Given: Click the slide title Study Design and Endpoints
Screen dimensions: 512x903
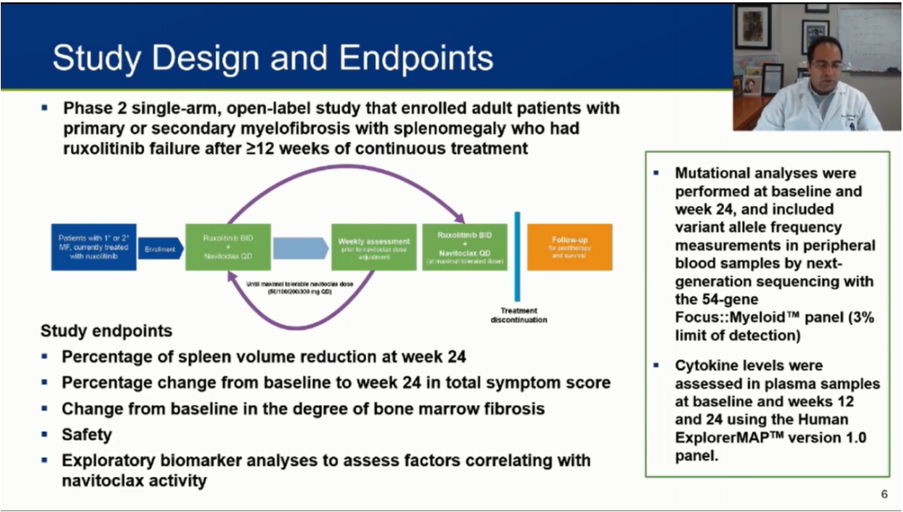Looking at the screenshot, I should [x=273, y=58].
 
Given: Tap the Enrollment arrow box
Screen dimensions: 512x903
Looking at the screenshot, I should [x=159, y=248].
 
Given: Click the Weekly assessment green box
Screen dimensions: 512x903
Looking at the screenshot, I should [x=373, y=246].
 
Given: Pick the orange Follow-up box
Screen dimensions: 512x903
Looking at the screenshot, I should [x=569, y=246].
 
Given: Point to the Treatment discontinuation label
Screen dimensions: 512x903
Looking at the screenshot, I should [x=518, y=315].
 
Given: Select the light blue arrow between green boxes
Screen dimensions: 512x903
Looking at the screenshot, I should [x=300, y=248].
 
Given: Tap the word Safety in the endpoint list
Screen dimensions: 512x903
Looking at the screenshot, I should [x=86, y=434].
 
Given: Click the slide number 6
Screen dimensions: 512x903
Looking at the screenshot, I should [x=885, y=494].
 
